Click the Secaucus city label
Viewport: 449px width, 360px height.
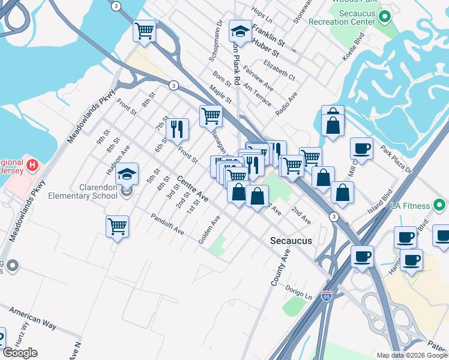point(291,241)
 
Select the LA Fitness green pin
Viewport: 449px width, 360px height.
point(441,206)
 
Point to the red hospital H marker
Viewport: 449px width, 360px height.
point(33,163)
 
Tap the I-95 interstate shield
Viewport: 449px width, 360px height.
point(326,296)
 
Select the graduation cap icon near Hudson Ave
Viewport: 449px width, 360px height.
point(127,174)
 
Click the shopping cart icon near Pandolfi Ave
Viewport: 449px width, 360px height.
point(117,227)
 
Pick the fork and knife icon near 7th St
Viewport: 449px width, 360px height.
point(177,128)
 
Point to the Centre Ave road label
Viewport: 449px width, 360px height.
point(193,188)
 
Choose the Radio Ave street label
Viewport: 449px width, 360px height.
point(286,104)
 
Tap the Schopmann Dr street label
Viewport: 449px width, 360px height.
point(215,42)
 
